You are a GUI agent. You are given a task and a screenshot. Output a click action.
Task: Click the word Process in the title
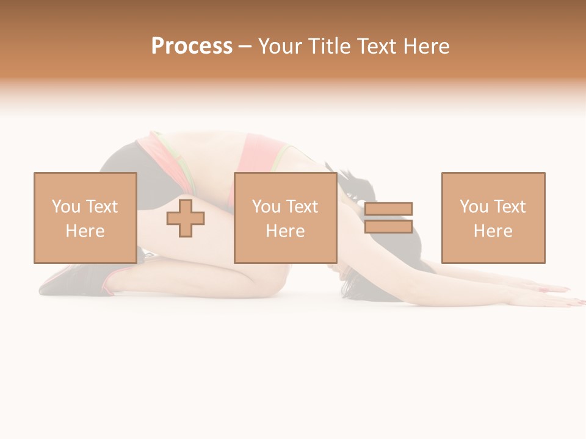pos(192,46)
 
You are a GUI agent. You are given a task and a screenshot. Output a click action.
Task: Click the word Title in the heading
pos(331,46)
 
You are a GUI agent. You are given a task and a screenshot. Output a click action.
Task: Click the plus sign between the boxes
pos(186,218)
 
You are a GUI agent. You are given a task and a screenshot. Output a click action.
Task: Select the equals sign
pos(388,218)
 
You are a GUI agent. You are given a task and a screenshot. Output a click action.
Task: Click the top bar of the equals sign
pos(388,209)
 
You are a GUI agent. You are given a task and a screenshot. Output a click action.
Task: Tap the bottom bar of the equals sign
pos(388,227)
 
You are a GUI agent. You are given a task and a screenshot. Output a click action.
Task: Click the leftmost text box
pos(85,218)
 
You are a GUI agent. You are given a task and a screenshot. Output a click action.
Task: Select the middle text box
pos(285,218)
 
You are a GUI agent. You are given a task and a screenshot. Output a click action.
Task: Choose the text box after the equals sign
pos(493,218)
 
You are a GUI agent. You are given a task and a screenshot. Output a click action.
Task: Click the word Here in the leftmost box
pos(85,231)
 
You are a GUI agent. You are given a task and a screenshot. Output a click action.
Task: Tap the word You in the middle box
pos(266,207)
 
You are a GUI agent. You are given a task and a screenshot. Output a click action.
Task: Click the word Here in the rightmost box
pos(493,231)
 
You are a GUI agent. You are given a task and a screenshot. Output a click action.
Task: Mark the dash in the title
pos(245,46)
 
